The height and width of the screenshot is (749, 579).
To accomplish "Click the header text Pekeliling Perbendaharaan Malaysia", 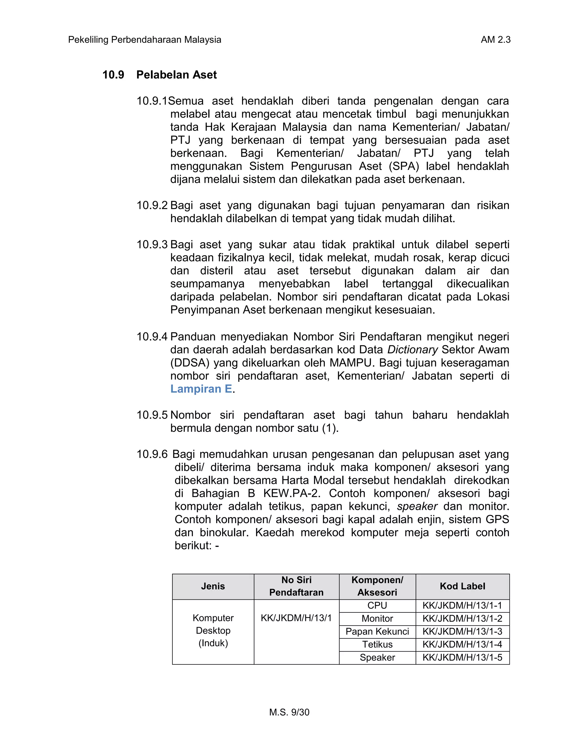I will tap(144, 40).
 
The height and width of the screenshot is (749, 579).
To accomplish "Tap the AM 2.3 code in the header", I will tap(495, 40).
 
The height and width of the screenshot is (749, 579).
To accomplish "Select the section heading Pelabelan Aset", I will tap(176, 75).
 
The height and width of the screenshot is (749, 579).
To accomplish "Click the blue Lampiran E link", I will tap(201, 389).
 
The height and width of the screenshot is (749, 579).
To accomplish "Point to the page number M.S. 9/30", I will tap(289, 712).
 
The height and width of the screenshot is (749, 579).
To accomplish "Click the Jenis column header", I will tap(213, 586).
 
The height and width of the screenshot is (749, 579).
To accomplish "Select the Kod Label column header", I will tap(462, 586).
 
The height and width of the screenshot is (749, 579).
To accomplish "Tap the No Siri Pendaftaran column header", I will tap(296, 586).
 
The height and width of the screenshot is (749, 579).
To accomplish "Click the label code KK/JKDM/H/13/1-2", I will tap(462, 619).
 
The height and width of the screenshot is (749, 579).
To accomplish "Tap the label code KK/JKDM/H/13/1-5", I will tap(462, 658).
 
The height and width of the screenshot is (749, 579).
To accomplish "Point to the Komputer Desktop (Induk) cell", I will tap(213, 631).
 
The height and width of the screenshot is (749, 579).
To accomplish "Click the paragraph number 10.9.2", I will tap(152, 205).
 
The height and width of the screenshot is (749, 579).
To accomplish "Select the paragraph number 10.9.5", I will tap(152, 415).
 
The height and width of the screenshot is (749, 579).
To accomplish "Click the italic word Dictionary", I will tap(412, 350).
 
